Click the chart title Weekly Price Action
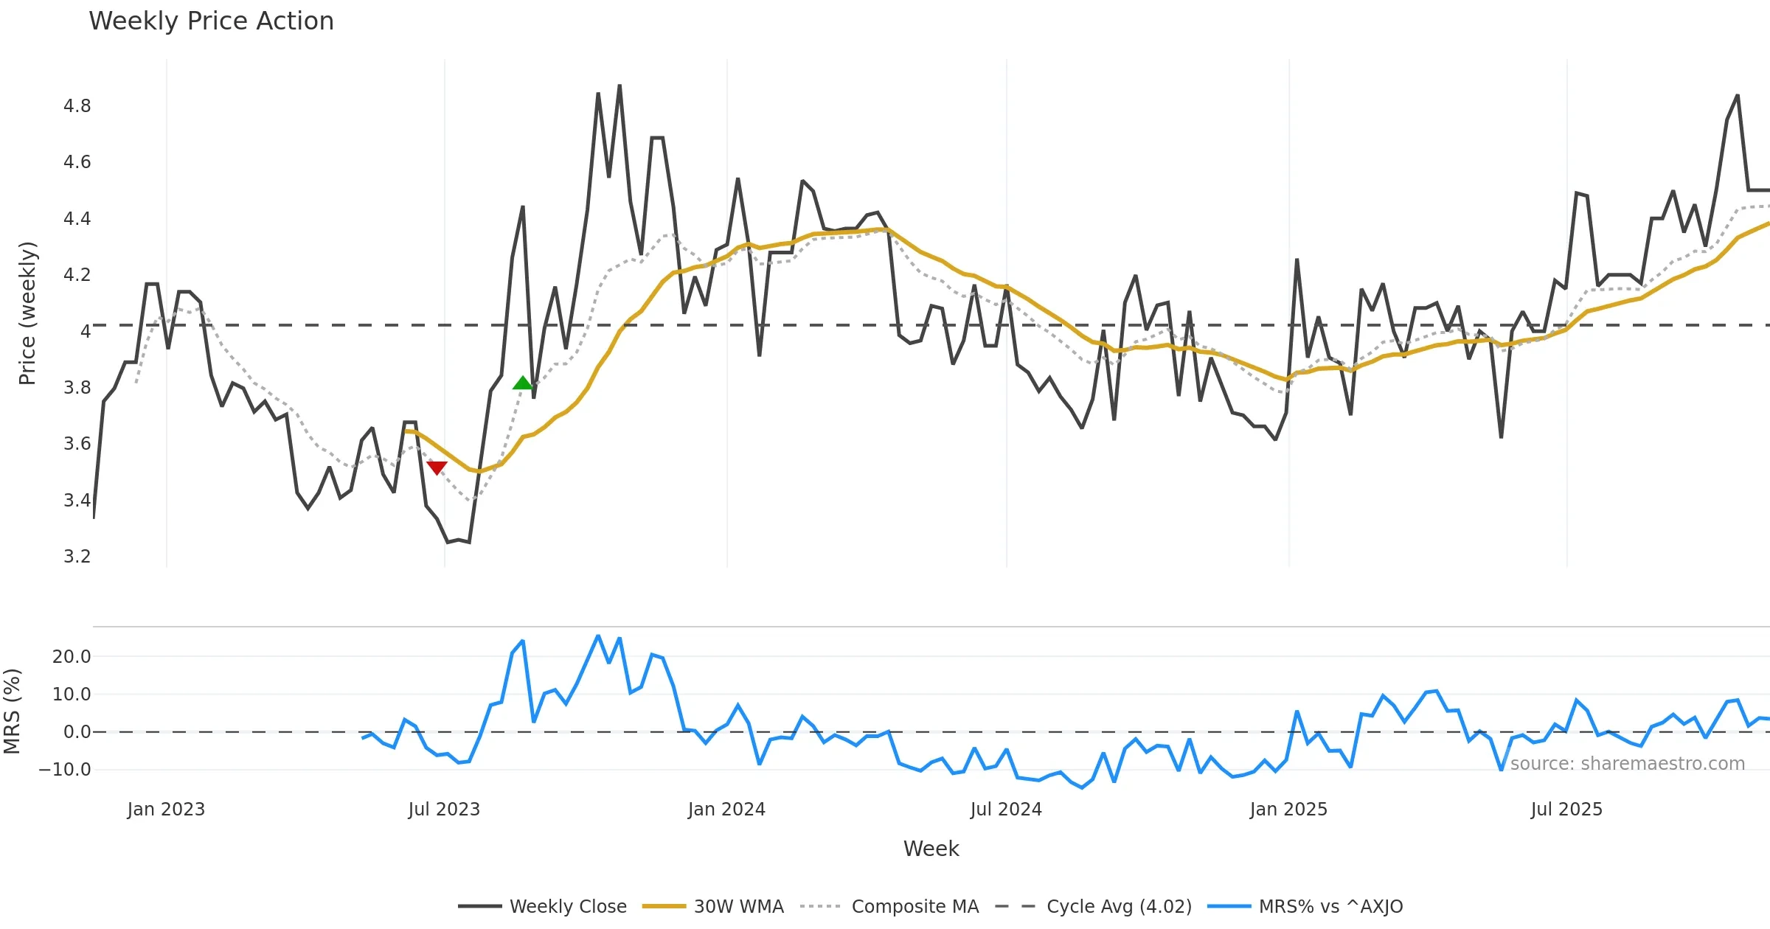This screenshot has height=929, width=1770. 211,21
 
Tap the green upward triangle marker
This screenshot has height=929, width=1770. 522,383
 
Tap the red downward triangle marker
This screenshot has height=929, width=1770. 437,467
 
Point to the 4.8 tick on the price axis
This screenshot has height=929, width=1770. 77,106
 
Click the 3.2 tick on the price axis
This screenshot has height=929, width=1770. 77,557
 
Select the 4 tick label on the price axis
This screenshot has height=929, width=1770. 86,332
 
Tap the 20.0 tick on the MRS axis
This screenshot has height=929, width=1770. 72,657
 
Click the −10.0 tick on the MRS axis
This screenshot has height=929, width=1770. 65,770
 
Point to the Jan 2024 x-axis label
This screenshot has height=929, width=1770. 726,810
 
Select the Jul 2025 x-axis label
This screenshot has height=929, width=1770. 1566,810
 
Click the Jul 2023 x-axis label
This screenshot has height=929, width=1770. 444,810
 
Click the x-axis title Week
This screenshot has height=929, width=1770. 931,849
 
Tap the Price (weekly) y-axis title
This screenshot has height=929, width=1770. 27,313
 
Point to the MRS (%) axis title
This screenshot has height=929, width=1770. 12,711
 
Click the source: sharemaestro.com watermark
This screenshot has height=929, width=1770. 1627,764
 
